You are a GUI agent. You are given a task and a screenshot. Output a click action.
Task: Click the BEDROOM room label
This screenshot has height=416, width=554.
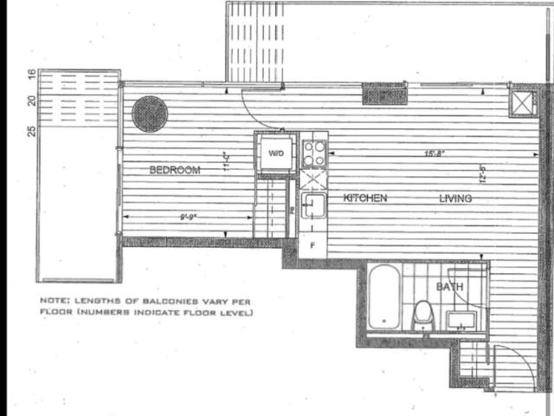tap(175, 170)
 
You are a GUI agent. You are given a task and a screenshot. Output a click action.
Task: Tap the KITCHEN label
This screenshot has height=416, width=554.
tap(364, 198)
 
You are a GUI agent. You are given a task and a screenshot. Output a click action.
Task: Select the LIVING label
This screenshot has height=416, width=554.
tap(454, 198)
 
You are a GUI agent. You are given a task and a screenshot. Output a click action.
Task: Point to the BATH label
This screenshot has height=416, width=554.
tap(448, 286)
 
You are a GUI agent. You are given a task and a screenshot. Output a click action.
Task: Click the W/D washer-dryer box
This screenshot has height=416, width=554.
tap(276, 154)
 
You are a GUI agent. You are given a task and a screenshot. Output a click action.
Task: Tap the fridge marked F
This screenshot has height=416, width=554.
tap(312, 245)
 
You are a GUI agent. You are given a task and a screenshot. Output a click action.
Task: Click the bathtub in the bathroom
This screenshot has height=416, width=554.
tap(383, 297)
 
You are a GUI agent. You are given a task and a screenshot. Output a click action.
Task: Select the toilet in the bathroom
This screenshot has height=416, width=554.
tap(422, 314)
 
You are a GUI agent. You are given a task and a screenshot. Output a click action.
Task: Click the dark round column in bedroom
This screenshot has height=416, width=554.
tap(150, 114)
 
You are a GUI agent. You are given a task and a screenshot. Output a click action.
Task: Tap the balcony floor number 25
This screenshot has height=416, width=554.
tap(31, 132)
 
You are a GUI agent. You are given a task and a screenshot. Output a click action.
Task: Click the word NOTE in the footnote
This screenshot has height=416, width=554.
tap(53, 301)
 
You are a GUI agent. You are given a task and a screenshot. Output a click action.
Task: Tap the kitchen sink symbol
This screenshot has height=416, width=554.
tap(313, 205)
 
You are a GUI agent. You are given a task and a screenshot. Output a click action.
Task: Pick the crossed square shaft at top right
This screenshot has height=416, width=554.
tap(523, 102)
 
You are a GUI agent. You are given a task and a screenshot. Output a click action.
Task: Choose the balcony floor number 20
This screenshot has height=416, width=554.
tap(31, 101)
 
